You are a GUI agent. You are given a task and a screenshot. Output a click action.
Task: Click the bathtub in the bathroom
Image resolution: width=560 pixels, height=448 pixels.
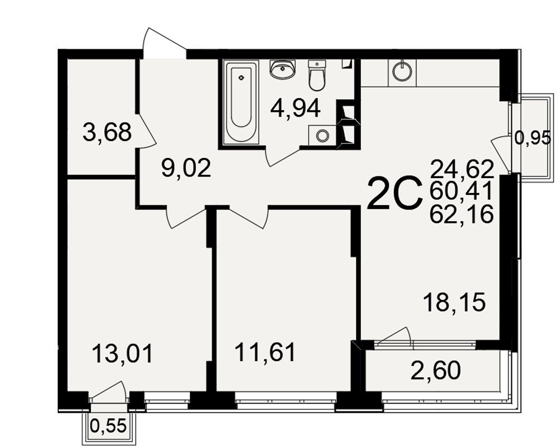click(x=241, y=102)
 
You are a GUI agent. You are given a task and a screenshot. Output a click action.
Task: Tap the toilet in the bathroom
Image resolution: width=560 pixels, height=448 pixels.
click(x=317, y=76)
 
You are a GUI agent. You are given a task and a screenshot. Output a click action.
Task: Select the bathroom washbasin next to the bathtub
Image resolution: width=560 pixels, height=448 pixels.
click(x=283, y=69)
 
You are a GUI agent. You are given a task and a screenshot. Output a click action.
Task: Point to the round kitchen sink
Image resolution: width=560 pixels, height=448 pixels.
click(x=402, y=72)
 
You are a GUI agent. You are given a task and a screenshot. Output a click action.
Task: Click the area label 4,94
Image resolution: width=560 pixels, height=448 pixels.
click(x=295, y=108)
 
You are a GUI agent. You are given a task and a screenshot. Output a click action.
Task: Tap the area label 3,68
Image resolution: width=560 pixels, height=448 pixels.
click(x=107, y=132)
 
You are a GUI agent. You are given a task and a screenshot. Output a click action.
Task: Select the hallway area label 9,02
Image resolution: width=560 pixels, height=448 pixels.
click(x=186, y=168)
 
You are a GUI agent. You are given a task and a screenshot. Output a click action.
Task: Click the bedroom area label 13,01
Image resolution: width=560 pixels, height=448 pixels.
click(x=123, y=353)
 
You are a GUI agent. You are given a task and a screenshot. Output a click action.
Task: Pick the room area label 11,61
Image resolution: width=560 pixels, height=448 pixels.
click(x=265, y=352)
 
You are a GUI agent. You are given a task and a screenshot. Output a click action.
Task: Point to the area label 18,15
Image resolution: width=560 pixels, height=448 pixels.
click(x=454, y=302)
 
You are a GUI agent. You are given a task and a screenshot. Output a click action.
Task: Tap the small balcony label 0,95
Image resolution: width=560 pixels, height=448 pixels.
click(x=533, y=138)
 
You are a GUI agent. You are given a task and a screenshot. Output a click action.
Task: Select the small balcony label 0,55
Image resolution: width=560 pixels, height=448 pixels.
click(x=109, y=426)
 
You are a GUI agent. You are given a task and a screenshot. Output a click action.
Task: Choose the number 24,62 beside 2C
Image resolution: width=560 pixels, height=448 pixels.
click(x=462, y=169)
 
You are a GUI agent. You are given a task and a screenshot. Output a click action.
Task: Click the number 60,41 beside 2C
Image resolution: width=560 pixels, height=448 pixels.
click(x=461, y=192)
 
